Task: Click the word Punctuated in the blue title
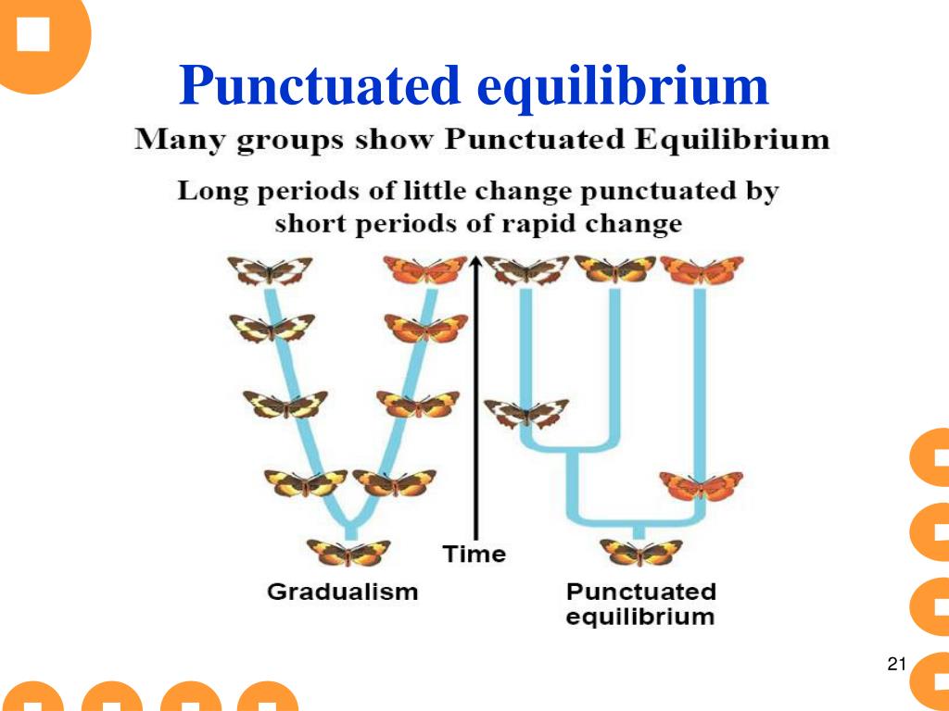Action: [320, 86]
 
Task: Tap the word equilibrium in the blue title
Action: [623, 86]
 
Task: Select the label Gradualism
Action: [342, 592]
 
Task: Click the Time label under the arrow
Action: [474, 555]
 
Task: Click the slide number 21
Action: [895, 664]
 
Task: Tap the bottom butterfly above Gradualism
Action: [348, 553]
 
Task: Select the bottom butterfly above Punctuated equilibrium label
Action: [640, 553]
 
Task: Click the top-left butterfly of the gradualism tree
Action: [270, 270]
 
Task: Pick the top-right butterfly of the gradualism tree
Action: [425, 269]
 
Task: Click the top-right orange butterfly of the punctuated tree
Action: [702, 269]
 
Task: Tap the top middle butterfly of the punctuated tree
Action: [614, 269]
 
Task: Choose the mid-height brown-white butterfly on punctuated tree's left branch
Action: [526, 412]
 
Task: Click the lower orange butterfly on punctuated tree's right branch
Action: [701, 485]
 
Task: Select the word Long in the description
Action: [209, 193]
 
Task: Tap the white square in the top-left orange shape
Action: [33, 34]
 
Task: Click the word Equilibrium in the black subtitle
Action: [731, 142]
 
